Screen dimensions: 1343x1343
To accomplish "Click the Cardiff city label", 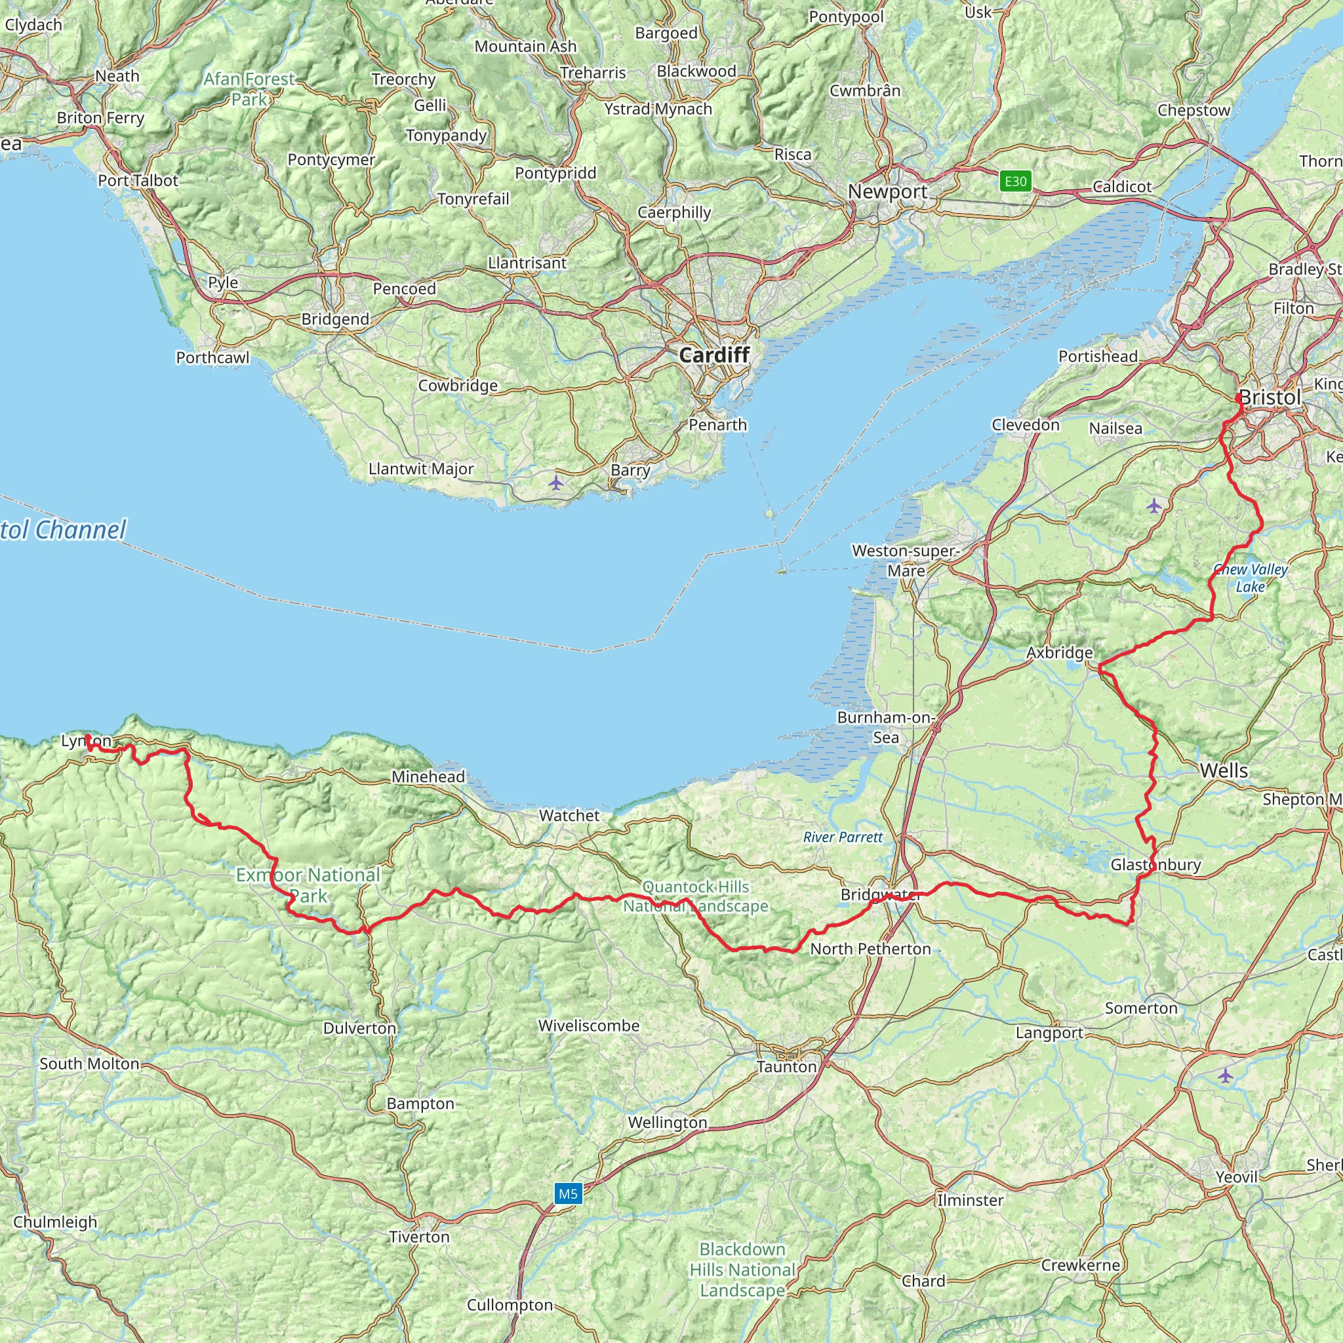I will point(714,355).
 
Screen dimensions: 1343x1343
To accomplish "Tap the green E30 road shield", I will point(1015,182).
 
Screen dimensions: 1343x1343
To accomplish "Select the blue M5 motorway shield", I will point(568,1194).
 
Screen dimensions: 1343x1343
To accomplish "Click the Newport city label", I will point(887,191).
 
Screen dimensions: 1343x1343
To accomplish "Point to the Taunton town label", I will point(786,1067).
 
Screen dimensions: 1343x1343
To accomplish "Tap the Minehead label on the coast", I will point(428,776).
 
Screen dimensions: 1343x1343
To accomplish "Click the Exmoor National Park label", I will point(308,885).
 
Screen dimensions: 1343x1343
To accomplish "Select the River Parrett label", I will point(843,837).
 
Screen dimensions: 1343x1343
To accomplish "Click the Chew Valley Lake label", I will point(1250,578).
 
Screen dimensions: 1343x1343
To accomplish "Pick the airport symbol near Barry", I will point(555,483).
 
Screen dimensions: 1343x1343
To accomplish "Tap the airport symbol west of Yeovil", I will point(1225,1076).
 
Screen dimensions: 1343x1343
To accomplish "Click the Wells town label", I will point(1224,771).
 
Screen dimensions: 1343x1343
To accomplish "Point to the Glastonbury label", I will point(1155,865).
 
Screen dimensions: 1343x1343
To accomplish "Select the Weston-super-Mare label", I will point(905,560).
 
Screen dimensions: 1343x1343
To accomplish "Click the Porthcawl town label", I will point(212,357).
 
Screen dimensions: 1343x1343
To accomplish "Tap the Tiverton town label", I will point(419,1237).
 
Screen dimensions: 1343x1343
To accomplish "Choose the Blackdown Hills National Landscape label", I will point(742,1270).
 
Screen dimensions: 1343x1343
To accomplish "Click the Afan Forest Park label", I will point(249,89).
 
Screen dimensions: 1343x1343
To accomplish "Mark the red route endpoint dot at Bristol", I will point(1239,397).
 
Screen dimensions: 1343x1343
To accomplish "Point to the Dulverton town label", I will point(359,1028).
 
